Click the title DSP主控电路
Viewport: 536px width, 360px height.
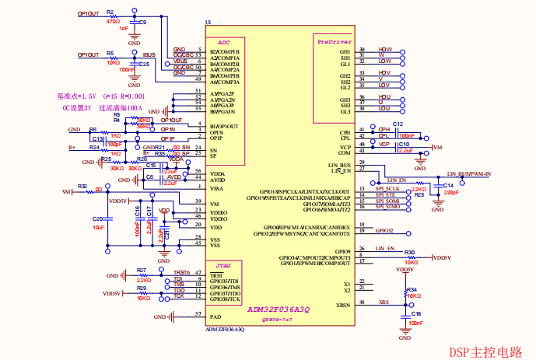click(x=487, y=351)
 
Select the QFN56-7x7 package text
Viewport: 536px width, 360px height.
click(x=277, y=320)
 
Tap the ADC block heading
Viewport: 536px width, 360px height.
click(x=224, y=42)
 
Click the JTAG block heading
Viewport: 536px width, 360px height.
click(x=224, y=265)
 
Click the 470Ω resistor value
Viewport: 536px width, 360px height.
click(x=114, y=22)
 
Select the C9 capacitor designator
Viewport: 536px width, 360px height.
click(x=142, y=23)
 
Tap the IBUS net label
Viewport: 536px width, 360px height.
click(x=149, y=54)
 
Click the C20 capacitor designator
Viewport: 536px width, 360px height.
click(x=97, y=219)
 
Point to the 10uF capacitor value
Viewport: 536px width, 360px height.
click(x=98, y=228)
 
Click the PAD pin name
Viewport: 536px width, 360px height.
click(x=215, y=317)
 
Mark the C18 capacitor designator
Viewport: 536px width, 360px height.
click(x=416, y=313)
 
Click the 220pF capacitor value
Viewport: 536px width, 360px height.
click(x=450, y=191)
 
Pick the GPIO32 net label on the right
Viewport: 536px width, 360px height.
click(x=384, y=231)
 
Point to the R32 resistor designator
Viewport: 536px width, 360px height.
click(x=82, y=187)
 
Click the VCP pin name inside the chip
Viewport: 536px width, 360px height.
click(x=345, y=146)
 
